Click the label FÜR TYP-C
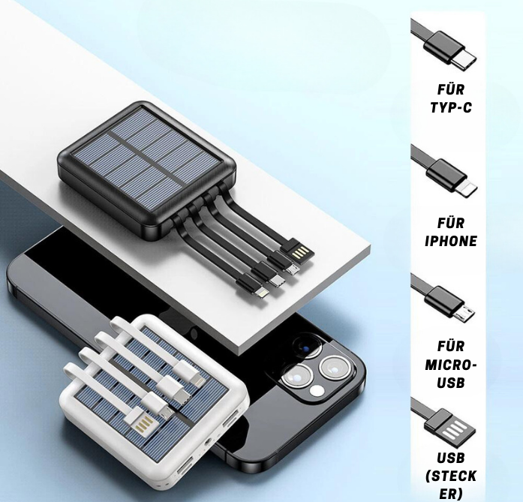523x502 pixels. [x=451, y=98]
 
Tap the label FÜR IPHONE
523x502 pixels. [x=450, y=232]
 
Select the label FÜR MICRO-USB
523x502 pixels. [x=450, y=364]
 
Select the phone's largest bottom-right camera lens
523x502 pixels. [x=332, y=370]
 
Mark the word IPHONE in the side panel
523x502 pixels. [x=450, y=241]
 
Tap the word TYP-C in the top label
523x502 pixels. [x=451, y=107]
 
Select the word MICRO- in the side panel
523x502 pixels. [x=450, y=364]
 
